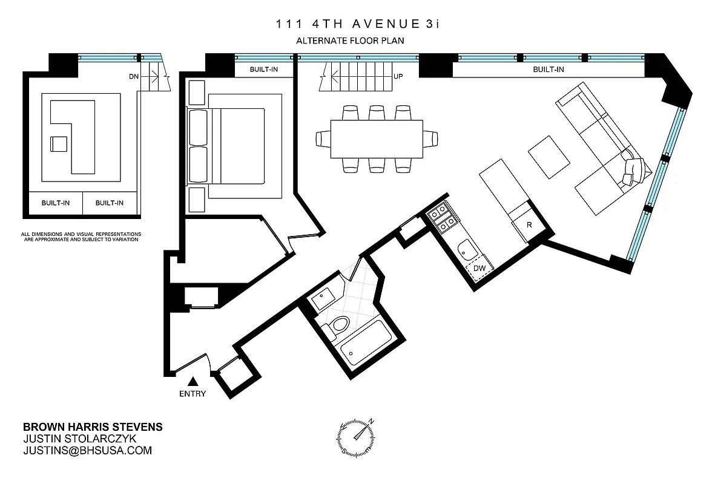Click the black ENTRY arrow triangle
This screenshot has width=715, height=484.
click(x=193, y=381)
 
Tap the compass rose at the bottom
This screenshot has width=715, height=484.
click(x=357, y=434)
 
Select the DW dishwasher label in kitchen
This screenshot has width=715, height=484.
click(x=479, y=267)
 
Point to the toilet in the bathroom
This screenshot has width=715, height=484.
click(x=337, y=327)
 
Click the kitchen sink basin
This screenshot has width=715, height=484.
click(x=466, y=249)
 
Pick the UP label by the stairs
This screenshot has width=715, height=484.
click(x=398, y=77)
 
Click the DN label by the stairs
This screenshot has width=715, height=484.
click(x=134, y=77)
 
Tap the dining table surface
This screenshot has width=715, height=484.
click(x=376, y=139)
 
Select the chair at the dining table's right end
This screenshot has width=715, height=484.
click(x=430, y=139)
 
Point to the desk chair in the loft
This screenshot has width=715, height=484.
click(x=59, y=144)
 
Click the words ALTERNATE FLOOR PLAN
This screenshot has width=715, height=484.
click(x=349, y=41)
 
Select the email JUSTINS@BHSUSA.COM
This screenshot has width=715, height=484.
click(x=87, y=450)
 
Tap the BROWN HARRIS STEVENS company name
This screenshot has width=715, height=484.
click(x=92, y=427)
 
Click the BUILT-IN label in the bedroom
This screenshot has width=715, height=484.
click(x=264, y=70)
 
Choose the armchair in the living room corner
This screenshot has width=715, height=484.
click(x=633, y=171)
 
